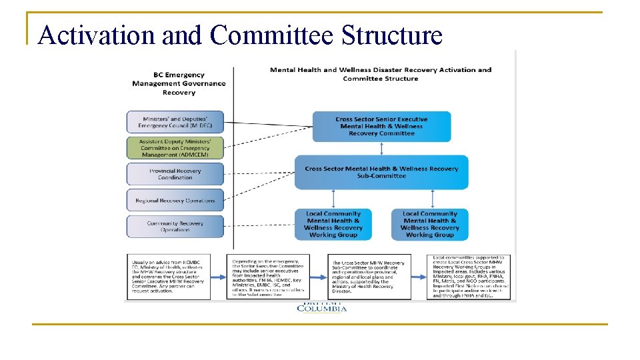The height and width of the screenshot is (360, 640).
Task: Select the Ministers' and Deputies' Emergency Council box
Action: (175, 122)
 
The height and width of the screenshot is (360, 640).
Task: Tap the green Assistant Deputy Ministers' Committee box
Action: (175, 148)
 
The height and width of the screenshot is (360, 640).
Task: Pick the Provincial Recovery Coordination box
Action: (175, 174)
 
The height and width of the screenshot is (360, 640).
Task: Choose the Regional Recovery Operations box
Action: (175, 200)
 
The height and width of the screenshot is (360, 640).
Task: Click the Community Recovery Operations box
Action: (175, 227)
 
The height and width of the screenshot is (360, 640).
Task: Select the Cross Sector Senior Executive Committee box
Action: (381, 127)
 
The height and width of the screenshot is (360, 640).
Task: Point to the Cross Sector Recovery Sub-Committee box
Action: (381, 172)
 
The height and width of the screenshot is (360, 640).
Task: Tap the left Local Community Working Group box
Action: (333, 225)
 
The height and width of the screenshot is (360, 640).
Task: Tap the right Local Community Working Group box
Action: (430, 225)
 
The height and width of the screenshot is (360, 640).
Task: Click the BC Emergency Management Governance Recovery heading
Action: (179, 83)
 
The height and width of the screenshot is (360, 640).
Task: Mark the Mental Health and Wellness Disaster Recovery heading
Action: (381, 74)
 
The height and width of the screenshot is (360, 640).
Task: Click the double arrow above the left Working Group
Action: (333, 199)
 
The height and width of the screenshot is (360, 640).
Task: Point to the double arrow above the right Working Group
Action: (432, 199)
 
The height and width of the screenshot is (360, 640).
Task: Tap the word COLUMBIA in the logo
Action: (321, 308)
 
